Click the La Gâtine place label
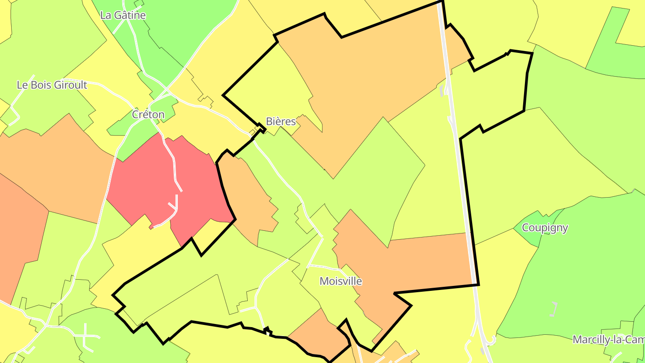tap(123, 15)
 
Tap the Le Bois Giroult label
tap(52, 85)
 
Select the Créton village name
tap(148, 115)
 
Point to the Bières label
tap(281, 121)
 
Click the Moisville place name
tap(340, 281)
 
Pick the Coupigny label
tap(545, 228)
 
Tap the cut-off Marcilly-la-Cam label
tap(608, 340)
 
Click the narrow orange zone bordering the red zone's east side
tap(249, 197)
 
